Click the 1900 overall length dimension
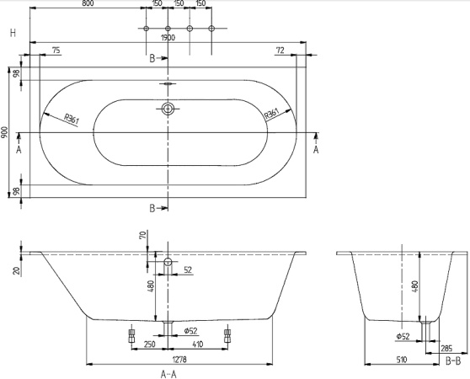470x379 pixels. pyautogui.click(x=168, y=38)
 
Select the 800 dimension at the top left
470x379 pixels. pyautogui.click(x=88, y=3)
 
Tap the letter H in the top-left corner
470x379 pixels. pyautogui.click(x=13, y=33)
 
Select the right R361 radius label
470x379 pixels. pyautogui.click(x=272, y=115)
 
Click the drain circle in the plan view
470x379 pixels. pyautogui.click(x=168, y=109)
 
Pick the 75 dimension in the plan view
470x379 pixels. pyautogui.click(x=56, y=51)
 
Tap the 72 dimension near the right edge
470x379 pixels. pyautogui.click(x=280, y=51)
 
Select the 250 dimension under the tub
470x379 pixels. pyautogui.click(x=148, y=344)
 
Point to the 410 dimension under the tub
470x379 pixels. pyautogui.click(x=197, y=344)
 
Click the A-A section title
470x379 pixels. pyautogui.click(x=168, y=372)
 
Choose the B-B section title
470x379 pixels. pyautogui.click(x=452, y=360)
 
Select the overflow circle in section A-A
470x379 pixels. pyautogui.click(x=168, y=263)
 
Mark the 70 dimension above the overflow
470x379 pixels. pyautogui.click(x=142, y=236)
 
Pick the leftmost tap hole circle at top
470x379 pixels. pyautogui.click(x=147, y=29)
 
